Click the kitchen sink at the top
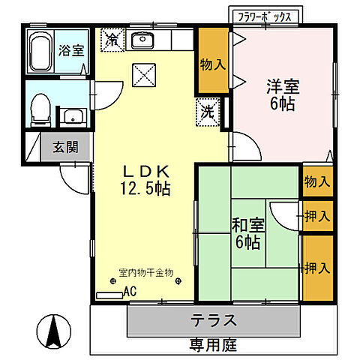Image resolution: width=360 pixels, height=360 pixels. [x=142, y=39]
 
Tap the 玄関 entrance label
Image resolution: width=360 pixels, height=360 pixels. [x=64, y=146]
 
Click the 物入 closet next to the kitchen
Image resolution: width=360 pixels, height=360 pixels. [x=212, y=64]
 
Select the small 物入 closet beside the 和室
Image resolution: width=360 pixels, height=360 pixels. [x=317, y=181]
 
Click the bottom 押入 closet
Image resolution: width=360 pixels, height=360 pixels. [x=317, y=267]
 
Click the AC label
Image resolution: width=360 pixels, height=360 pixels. [x=130, y=293]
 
